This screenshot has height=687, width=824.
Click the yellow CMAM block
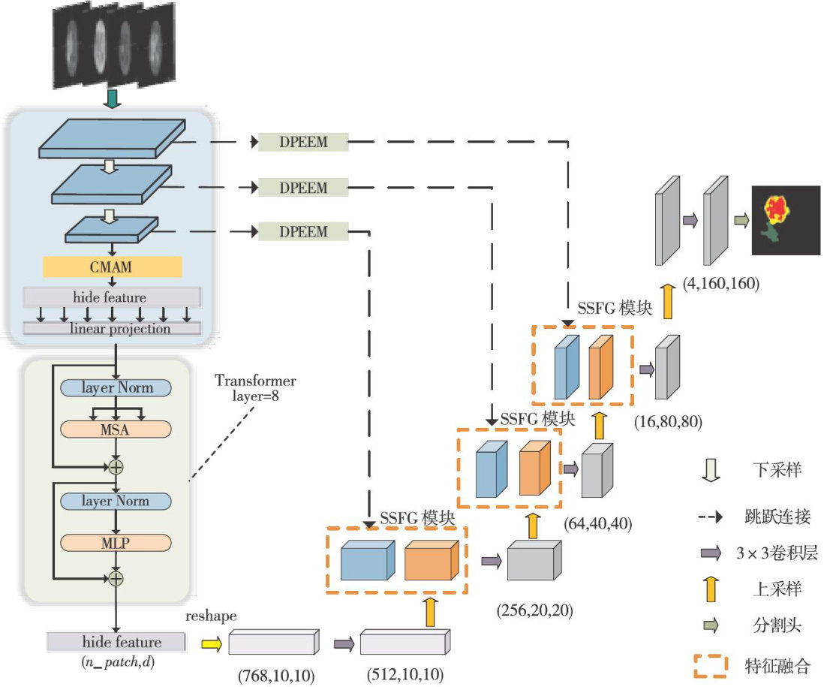pos(113,267)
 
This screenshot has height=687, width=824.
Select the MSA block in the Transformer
pos(116,429)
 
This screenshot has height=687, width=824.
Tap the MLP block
pos(116,542)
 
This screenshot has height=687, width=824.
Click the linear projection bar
pos(113,329)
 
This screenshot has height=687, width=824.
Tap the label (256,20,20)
pos(534,610)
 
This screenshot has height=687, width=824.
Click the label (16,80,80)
pos(667,421)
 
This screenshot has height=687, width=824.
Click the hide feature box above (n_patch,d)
pos(116,643)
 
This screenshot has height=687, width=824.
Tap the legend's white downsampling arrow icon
pos(709,471)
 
